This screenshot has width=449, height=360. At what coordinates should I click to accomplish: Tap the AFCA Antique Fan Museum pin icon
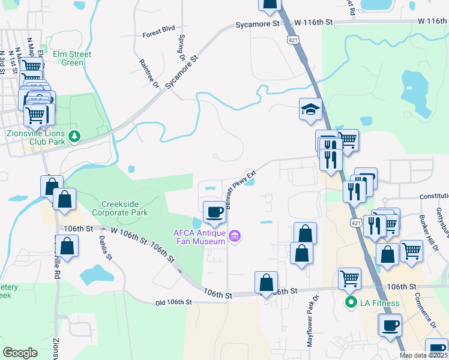[x=235, y=238]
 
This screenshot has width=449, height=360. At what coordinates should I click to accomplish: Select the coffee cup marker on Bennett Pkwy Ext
[x=215, y=212]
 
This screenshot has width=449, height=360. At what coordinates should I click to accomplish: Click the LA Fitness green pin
[x=350, y=303]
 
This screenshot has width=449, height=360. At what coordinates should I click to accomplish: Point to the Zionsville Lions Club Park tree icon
[x=74, y=137]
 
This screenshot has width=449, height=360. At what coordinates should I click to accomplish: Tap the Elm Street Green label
[x=73, y=58]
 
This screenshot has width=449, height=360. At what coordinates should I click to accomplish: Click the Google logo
[x=20, y=353]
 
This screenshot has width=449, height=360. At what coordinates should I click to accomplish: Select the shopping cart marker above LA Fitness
[x=349, y=278]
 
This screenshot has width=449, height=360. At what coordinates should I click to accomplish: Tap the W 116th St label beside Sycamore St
[x=313, y=22]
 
